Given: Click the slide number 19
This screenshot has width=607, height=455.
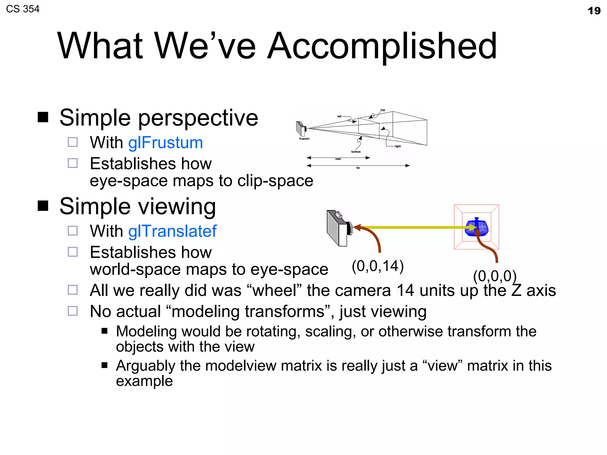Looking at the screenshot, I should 594,11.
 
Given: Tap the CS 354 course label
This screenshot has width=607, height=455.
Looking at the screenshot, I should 23,9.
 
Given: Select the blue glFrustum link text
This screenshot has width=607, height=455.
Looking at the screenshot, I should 165,142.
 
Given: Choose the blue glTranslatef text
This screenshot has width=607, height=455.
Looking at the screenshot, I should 172,231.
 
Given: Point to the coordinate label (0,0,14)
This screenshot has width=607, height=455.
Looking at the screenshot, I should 378,266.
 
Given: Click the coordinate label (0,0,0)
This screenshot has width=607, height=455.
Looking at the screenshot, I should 495,276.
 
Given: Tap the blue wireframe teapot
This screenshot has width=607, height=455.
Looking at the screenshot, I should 476,227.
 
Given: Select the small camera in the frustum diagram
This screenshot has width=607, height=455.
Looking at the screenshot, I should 301,128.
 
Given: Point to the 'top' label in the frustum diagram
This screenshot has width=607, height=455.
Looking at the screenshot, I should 383,110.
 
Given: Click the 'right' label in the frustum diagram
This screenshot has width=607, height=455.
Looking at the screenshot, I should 397,146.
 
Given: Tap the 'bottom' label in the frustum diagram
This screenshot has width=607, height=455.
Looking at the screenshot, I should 356,152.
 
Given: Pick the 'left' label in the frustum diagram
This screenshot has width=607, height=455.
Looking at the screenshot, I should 339,116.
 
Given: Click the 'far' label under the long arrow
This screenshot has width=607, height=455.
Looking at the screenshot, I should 358,168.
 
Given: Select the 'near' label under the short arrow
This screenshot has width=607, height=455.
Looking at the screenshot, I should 338,159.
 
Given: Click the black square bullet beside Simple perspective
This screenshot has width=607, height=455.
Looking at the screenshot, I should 43,117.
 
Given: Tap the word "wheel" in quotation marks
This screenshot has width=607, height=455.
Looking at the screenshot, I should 274,290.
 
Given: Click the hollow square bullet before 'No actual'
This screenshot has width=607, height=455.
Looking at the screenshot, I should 73,311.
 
